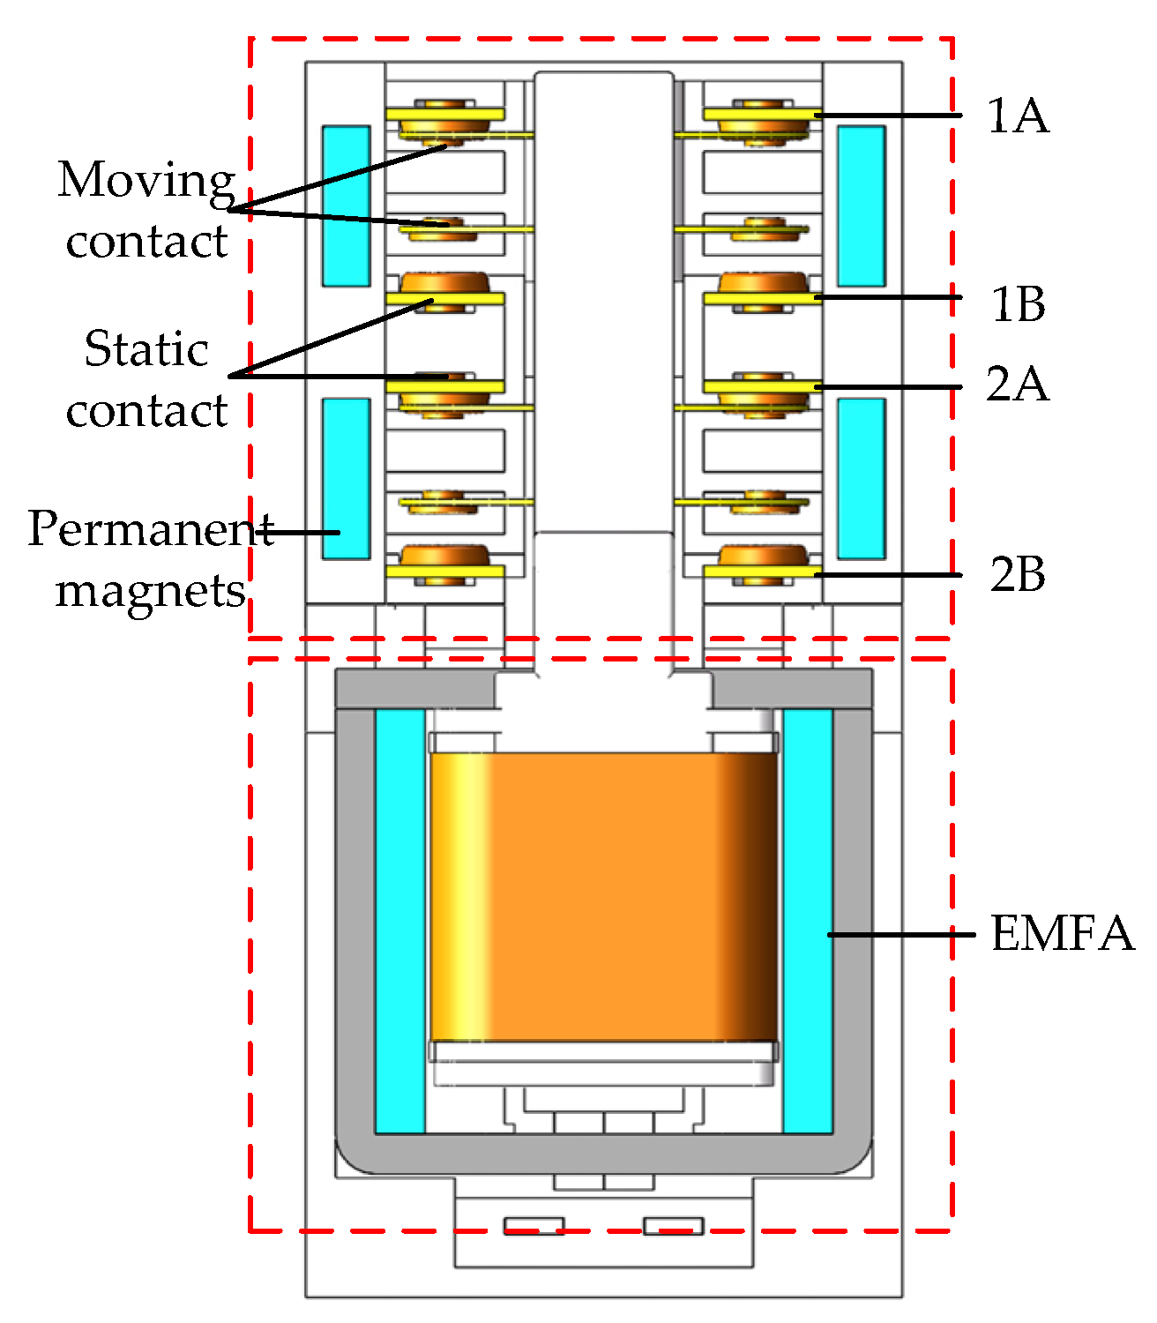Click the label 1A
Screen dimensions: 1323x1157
(x=1018, y=116)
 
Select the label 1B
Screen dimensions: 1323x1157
(x=1018, y=304)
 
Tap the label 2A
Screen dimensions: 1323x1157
(x=1018, y=384)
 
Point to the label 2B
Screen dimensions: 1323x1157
(x=1018, y=574)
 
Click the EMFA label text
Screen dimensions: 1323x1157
(x=1062, y=933)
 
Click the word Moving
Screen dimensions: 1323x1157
(x=146, y=180)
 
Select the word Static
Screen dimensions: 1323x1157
(x=146, y=349)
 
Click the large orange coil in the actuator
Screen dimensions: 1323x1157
(x=604, y=896)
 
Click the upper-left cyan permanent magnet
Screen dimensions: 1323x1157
(x=346, y=206)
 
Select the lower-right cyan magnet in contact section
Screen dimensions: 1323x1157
(x=861, y=478)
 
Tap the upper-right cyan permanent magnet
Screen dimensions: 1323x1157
(x=861, y=206)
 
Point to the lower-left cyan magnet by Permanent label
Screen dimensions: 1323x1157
(x=346, y=478)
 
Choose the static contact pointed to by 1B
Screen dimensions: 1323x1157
(x=762, y=291)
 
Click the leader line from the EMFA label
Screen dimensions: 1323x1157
(x=899, y=934)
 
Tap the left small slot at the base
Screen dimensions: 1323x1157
(x=534, y=1226)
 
